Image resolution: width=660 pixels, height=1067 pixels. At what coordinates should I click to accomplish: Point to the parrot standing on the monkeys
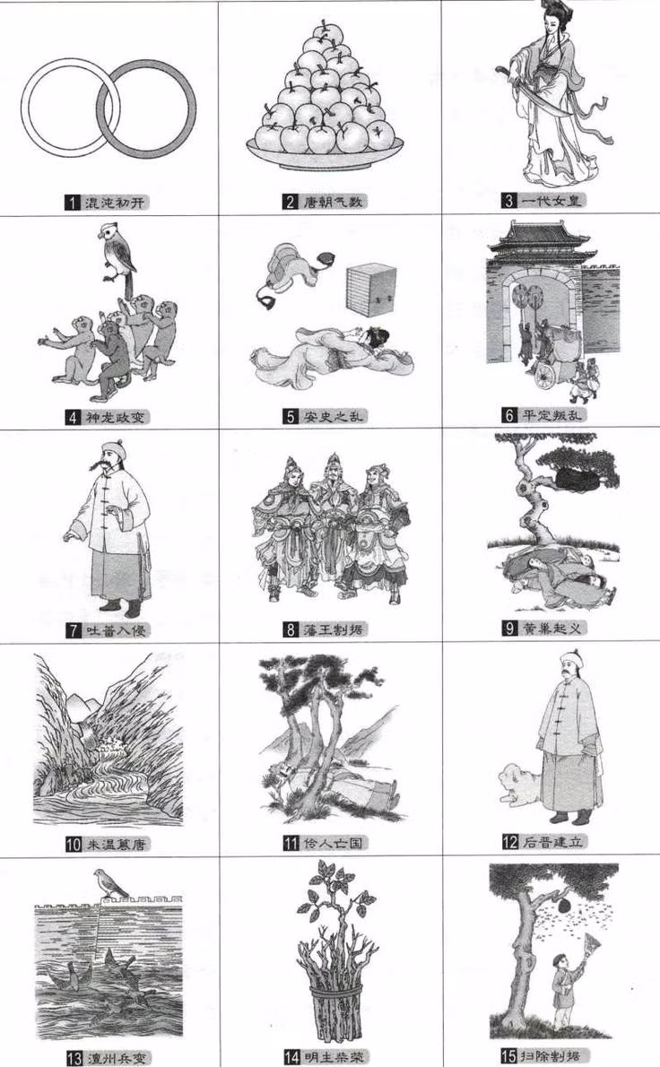pos(117,252)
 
